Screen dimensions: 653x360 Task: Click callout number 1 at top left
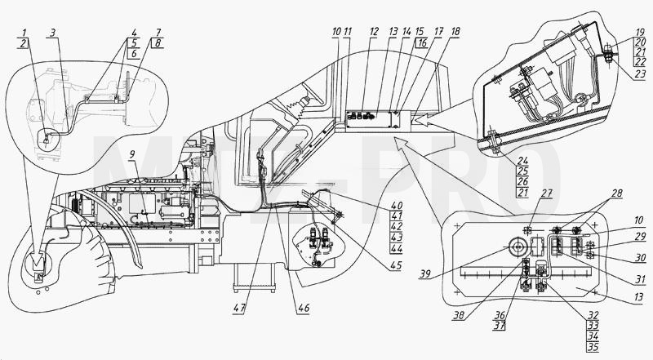[x=24, y=33]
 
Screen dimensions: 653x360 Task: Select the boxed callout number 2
[x=24, y=42]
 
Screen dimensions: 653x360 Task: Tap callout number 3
[x=52, y=33]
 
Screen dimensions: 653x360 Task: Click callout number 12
[x=374, y=32]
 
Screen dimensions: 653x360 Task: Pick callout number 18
[x=455, y=32]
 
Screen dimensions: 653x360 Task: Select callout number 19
[x=640, y=32]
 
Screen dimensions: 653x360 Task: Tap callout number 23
[x=640, y=74]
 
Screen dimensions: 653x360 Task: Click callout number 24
[x=522, y=161]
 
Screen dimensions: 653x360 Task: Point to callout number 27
[x=546, y=193]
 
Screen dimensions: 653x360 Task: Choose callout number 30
[x=640, y=258]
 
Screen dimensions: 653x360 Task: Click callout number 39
[x=425, y=273]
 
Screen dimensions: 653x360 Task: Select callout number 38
[x=459, y=316]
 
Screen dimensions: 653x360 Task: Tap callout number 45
[x=396, y=265]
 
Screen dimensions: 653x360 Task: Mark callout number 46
[x=304, y=308]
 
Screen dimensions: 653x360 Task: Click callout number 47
[x=239, y=309]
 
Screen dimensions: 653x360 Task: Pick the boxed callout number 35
[x=593, y=347]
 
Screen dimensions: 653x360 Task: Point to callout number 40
[x=397, y=206]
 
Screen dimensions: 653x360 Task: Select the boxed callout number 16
[x=421, y=42]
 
